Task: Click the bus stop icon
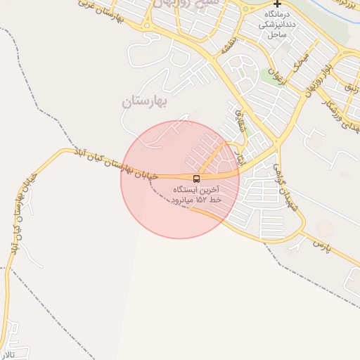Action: (196, 179)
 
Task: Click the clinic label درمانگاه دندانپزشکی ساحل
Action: (274, 24)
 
